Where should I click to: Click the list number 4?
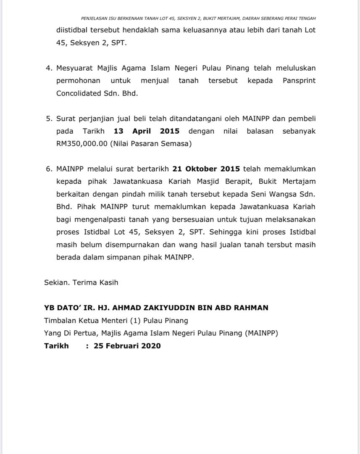(48, 68)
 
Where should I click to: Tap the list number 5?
(48, 119)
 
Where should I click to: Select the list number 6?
(48, 169)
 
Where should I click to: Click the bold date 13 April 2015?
(147, 131)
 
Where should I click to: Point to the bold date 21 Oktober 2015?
(206, 169)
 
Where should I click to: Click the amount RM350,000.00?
(82, 144)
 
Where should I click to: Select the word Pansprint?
(299, 81)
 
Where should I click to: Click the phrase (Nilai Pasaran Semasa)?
(151, 144)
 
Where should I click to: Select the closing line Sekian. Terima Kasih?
(81, 282)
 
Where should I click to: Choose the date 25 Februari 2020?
(127, 346)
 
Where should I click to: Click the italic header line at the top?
(198, 18)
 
